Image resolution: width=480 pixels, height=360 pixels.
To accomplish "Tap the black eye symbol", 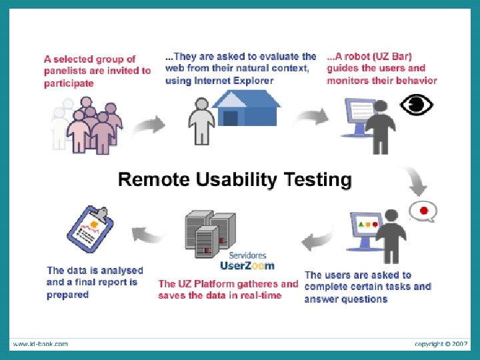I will [417, 105].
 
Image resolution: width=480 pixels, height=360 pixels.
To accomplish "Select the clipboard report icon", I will [91, 231].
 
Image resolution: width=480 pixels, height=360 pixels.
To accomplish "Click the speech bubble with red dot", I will [423, 211].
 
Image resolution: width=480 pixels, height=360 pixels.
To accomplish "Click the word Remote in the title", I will [155, 180].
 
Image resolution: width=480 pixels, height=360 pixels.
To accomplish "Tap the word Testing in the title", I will [317, 180].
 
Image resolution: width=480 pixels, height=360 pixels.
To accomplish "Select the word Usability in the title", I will [237, 180].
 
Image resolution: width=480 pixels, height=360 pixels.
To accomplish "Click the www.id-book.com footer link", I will [41, 344].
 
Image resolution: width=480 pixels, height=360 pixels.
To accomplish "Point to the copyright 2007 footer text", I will [441, 344].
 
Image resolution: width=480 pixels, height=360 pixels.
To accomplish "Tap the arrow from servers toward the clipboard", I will [148, 233].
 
